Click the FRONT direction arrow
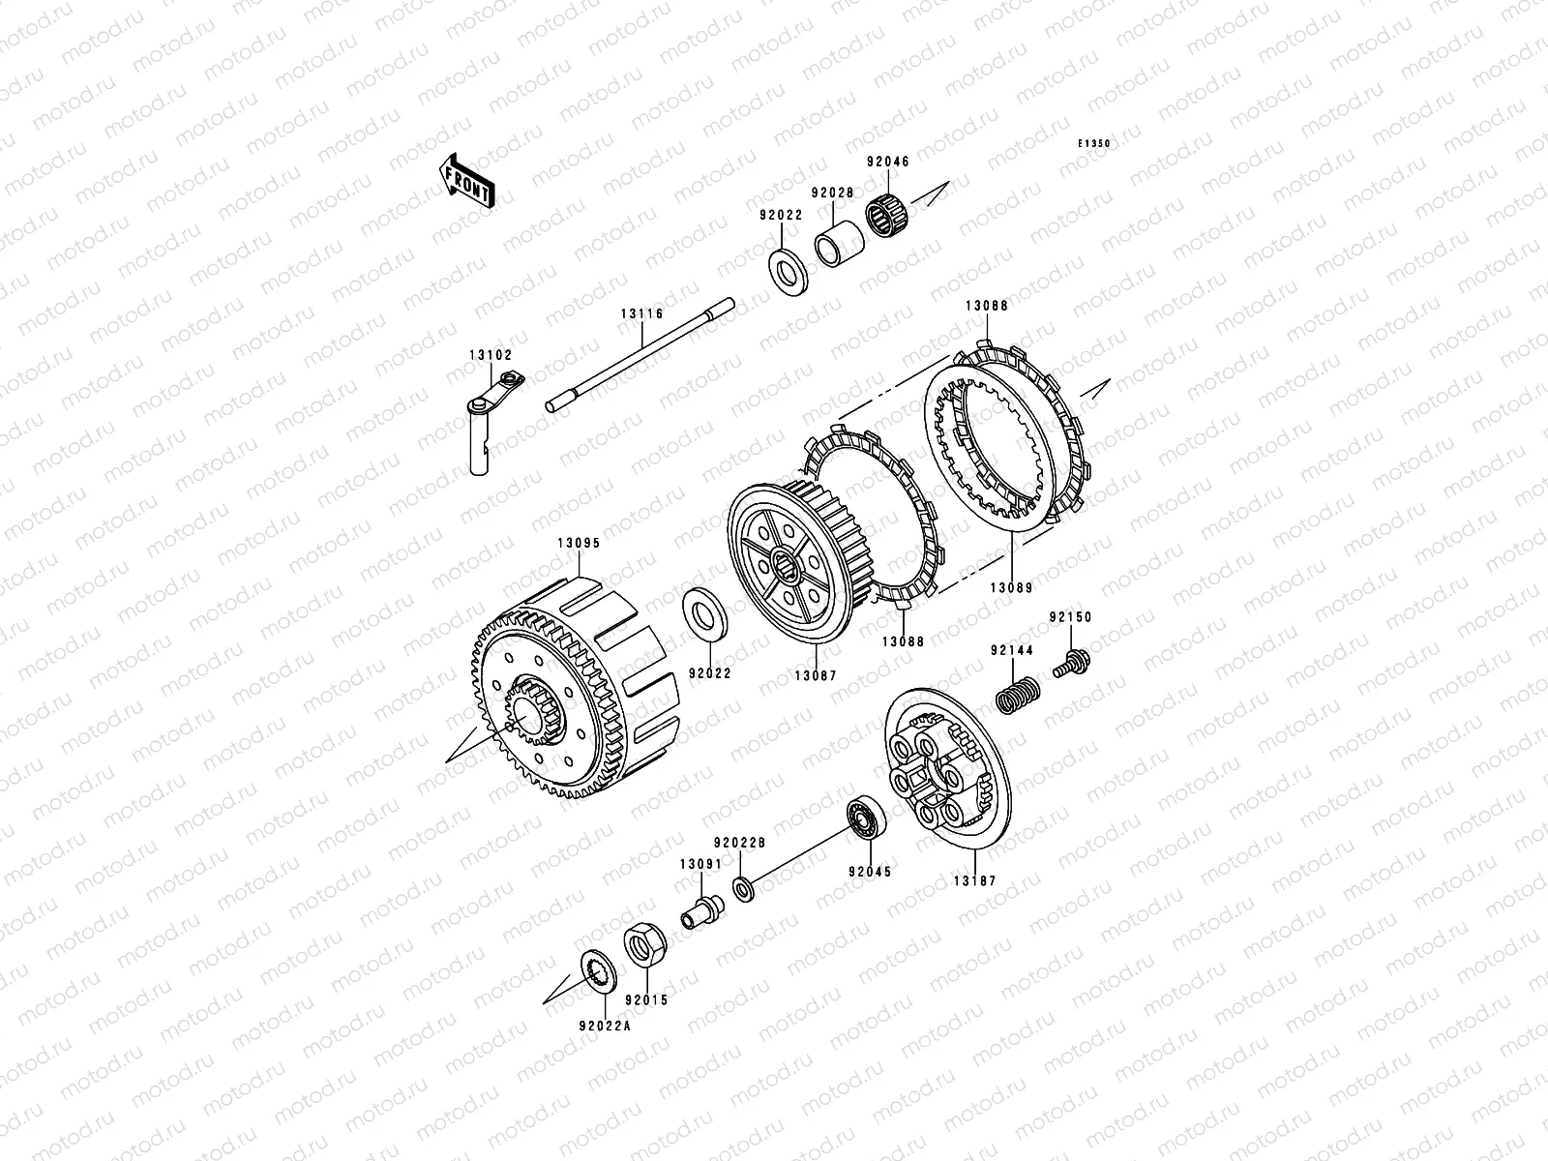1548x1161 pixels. (466, 181)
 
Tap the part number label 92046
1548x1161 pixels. (888, 162)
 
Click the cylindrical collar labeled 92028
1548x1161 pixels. (839, 244)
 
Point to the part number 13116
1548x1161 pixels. (641, 313)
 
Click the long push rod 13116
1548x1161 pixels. (640, 355)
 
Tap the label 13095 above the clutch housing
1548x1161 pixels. (579, 544)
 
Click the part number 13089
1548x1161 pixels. (1011, 588)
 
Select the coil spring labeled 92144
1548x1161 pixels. (1018, 695)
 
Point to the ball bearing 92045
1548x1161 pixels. (867, 818)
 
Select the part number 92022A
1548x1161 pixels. (605, 1027)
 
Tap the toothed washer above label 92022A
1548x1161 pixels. (598, 973)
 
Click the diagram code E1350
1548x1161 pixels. (1094, 143)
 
